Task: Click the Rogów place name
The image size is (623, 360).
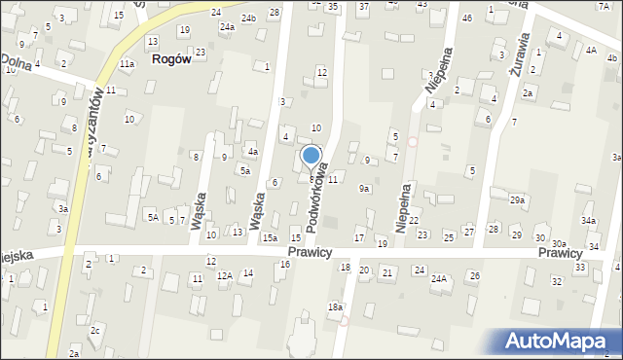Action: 170,59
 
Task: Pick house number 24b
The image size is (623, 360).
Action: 249,18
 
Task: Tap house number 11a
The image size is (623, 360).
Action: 128,64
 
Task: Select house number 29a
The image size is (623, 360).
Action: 517,199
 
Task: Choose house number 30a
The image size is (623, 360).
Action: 559,244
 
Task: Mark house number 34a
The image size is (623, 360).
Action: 589,222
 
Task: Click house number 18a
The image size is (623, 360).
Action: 335,307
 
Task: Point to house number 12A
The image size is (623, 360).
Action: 224,276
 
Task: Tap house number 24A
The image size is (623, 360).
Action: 439,279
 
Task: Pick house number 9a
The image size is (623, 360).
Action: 364,189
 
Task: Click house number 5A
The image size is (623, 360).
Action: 153,218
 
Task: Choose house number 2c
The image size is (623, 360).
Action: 94,331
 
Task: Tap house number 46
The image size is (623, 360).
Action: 467,18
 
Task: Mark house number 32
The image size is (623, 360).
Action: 557,281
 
